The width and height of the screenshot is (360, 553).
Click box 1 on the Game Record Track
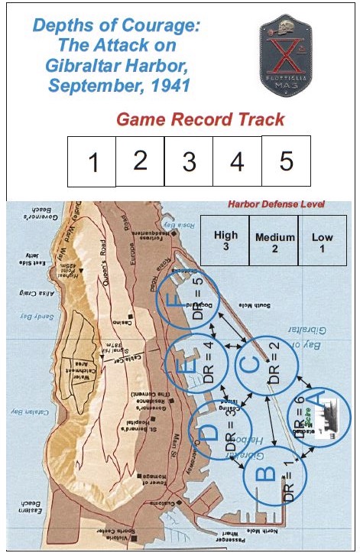(x=92, y=162)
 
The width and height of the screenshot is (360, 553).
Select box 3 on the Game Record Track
(x=189, y=162)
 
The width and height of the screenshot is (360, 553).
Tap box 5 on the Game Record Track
(x=286, y=161)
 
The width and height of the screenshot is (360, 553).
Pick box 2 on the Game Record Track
(x=140, y=161)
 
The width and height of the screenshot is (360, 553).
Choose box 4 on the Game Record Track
(x=237, y=162)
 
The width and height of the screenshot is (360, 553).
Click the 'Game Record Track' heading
(x=200, y=119)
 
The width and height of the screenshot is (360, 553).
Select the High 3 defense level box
(x=226, y=241)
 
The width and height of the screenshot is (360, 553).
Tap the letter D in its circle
(x=206, y=432)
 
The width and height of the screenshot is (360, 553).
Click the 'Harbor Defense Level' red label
(x=277, y=204)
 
